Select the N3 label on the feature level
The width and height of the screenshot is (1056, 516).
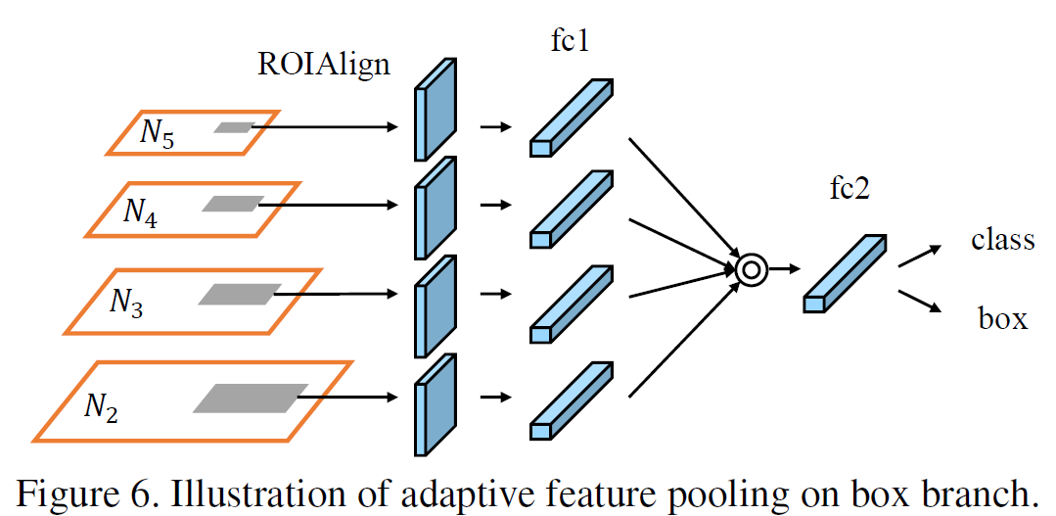coord(124,303)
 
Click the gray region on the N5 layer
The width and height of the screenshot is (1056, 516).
coord(235,127)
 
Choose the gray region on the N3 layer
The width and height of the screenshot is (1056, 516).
coord(234,293)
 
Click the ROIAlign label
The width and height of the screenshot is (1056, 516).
coord(323,66)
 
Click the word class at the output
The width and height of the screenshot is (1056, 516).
coord(1002,239)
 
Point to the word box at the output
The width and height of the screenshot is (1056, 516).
coord(1002,317)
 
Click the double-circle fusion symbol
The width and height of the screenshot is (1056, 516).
coord(751,269)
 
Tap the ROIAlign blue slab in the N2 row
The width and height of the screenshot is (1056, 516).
coord(435,403)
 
